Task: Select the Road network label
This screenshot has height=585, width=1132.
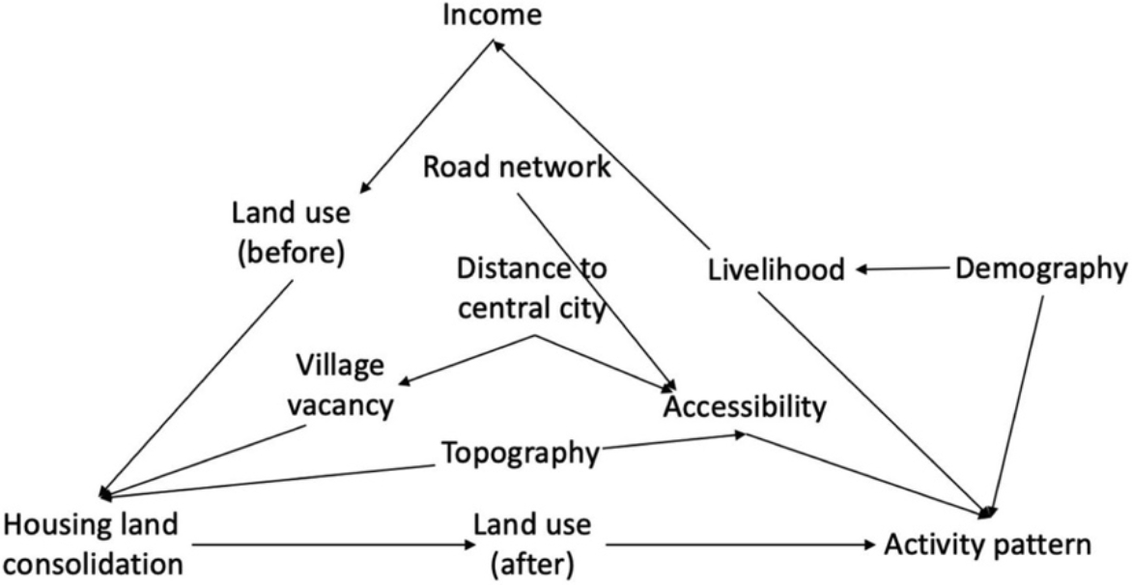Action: coord(517,167)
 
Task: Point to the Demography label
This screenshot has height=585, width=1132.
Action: coord(1041,269)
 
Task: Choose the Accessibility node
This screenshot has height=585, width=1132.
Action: coord(744,406)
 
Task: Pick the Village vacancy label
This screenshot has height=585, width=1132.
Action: coord(344,386)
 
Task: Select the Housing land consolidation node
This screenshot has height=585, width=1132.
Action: coord(92,544)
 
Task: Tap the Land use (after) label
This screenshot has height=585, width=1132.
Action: coord(531,544)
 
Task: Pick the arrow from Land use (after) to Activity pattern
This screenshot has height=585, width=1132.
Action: coord(734,546)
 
